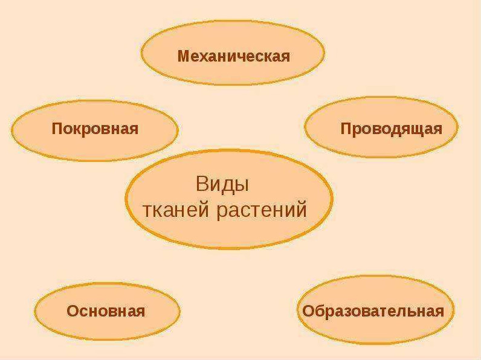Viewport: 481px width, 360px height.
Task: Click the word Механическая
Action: coord(233,56)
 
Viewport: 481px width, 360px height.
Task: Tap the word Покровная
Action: coord(95,129)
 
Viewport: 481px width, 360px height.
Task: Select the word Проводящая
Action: coord(392,129)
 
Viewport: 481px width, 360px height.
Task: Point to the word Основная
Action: coord(106,311)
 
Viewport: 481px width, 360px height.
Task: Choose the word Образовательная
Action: coord(373,311)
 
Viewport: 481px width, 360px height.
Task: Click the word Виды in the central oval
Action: coord(222,184)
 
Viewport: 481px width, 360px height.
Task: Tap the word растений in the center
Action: coord(262,210)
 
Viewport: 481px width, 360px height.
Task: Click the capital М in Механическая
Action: coord(185,56)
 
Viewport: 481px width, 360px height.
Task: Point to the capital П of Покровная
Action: coord(57,129)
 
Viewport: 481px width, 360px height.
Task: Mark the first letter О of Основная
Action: coord(73,311)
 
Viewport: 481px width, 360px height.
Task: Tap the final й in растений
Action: coord(301,208)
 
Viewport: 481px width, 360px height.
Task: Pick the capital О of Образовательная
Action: coord(309,311)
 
